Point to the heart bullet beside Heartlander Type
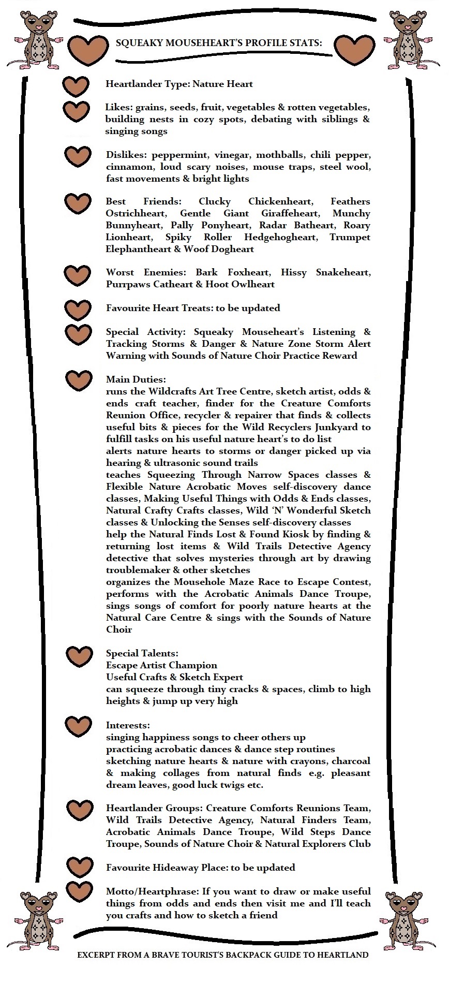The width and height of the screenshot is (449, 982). (x=76, y=87)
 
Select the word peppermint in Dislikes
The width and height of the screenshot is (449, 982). (x=175, y=155)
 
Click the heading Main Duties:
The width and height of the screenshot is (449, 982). (x=136, y=379)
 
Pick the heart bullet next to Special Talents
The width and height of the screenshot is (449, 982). (x=79, y=656)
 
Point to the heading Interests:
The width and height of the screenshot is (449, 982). (x=128, y=725)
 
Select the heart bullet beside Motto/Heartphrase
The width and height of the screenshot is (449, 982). (x=79, y=891)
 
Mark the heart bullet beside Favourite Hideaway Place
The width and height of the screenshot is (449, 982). (x=79, y=867)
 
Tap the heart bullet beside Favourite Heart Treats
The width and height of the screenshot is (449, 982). (x=78, y=310)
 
